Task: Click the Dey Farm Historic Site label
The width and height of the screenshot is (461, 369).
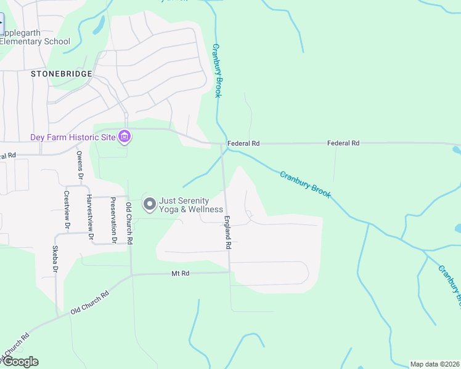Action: coord(73,137)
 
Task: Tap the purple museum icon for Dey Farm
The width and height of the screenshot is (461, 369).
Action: coord(124,137)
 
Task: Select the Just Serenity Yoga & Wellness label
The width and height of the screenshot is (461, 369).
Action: coord(191,205)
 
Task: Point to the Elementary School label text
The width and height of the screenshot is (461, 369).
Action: coord(35,42)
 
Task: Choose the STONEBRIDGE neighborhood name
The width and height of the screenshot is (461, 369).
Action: coord(62,74)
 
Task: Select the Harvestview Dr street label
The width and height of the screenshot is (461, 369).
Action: coord(90,216)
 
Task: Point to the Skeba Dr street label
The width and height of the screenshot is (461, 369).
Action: coord(55,261)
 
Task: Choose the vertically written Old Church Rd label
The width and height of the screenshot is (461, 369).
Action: coord(129,223)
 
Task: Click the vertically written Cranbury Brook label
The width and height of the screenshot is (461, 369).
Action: coord(217,70)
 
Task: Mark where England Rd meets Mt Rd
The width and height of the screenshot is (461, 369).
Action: coord(229,271)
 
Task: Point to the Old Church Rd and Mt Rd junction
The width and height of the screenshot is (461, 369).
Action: coord(131,274)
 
